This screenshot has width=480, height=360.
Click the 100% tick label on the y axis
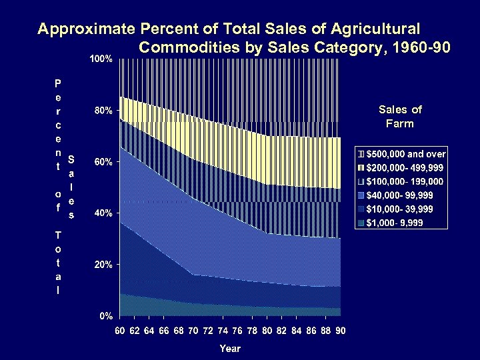click(102, 59)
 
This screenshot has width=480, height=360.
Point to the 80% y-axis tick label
click(102, 111)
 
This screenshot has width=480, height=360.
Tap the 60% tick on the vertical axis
click(102, 162)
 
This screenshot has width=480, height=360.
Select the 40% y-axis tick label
click(102, 213)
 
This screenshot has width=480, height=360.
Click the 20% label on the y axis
click(102, 265)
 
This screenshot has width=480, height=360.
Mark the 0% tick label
click(105, 315)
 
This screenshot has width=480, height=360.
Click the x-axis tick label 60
click(120, 331)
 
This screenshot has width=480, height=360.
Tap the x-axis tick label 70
click(193, 331)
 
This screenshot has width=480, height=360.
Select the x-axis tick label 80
click(267, 331)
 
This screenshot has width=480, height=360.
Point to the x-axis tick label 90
click(340, 331)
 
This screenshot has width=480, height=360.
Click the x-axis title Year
click(230, 348)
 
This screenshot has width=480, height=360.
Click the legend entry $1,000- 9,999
click(395, 222)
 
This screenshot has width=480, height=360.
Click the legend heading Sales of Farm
click(400, 117)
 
